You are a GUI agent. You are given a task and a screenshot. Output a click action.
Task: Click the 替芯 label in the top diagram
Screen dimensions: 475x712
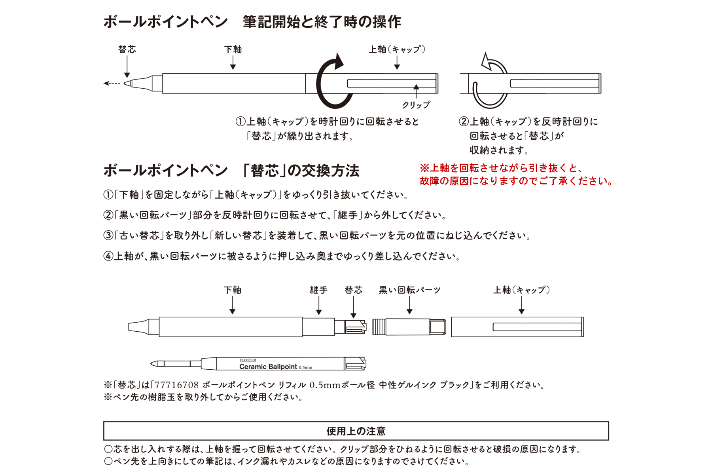127,49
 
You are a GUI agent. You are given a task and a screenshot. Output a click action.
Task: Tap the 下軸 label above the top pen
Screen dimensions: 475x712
233,49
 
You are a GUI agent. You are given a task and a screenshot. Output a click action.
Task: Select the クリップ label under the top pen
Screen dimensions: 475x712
416,105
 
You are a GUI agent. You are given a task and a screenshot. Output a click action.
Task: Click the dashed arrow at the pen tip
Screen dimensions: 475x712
112,84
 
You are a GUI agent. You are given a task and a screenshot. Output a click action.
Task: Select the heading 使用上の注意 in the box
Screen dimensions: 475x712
356,431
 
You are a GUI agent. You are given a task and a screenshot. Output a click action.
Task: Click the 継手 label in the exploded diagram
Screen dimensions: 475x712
318,290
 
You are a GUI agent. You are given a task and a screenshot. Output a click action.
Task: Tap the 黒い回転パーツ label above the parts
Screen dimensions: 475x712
409,290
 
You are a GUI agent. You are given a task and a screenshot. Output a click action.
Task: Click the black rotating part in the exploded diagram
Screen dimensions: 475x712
409,327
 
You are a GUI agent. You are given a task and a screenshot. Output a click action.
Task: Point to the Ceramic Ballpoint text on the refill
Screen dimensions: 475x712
268,367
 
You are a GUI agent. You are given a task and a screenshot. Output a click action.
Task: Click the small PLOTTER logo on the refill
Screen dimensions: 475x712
248,360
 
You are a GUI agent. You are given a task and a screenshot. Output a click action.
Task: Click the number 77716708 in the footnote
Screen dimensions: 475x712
176,385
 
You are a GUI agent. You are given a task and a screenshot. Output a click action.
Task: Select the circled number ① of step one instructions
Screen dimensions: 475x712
108,195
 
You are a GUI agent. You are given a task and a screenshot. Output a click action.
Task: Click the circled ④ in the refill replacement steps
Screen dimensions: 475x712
108,256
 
